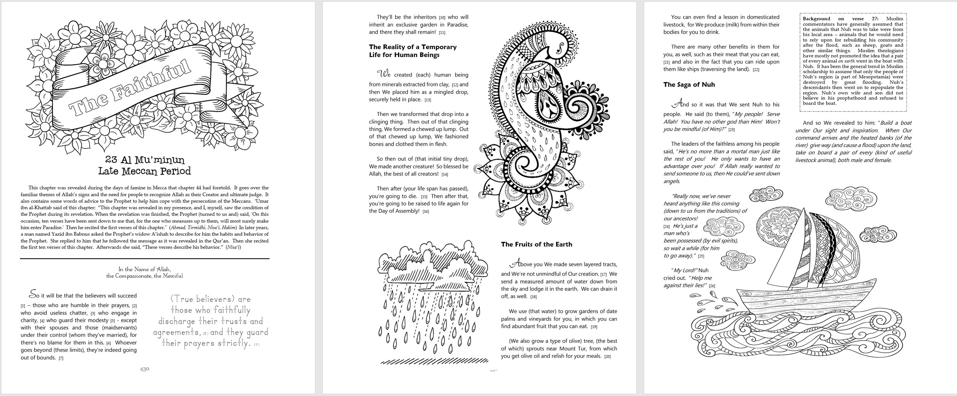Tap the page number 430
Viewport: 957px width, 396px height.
(x=144, y=369)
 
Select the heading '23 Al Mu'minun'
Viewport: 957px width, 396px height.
(x=144, y=160)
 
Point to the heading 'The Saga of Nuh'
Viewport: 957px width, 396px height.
(x=689, y=85)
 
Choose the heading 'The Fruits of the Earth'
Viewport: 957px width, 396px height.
(x=536, y=244)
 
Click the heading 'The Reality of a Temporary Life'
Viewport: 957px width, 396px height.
(x=413, y=51)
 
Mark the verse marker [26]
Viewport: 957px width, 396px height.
(x=712, y=286)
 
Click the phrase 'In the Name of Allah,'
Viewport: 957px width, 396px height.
(x=144, y=269)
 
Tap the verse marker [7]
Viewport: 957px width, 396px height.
(x=61, y=358)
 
